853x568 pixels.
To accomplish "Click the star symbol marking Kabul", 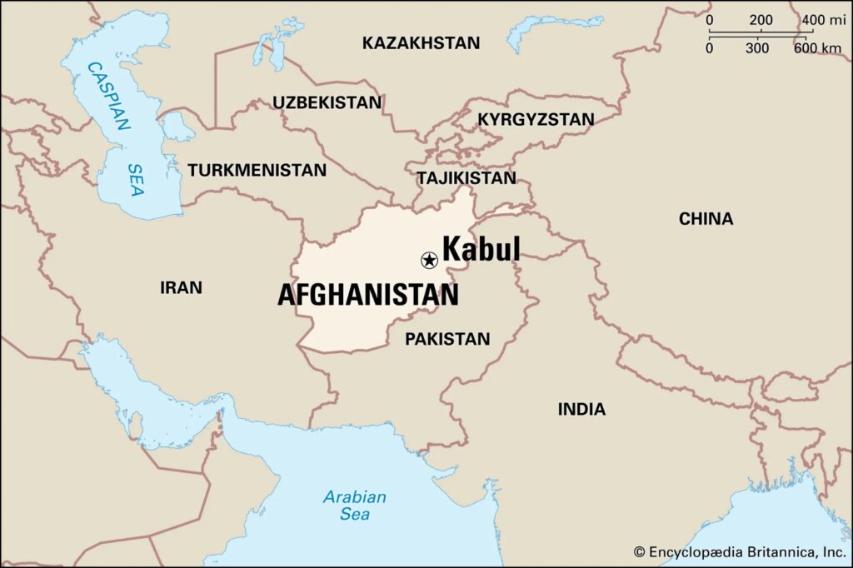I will (429, 261).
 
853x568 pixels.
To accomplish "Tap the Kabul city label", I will (481, 249).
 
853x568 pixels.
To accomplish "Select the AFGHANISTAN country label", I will (367, 295).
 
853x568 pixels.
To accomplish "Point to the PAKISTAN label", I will (447, 339).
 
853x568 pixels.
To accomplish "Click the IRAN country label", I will (181, 288).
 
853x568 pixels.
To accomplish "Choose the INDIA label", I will (581, 409).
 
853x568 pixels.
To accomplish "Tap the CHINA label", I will (706, 219).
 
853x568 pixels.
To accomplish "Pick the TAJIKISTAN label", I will (466, 178).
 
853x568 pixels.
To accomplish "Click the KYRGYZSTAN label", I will (536, 120).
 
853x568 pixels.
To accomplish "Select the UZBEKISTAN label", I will (327, 102).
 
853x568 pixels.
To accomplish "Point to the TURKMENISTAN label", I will (257, 170).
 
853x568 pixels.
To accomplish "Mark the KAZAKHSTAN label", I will (421, 42).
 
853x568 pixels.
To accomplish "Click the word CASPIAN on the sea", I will (110, 96).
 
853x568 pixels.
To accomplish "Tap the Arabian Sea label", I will (355, 505).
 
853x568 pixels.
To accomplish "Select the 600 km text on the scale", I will (816, 48).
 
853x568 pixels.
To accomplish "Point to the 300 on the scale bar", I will (757, 48).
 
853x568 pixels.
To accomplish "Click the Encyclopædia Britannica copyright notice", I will (740, 551).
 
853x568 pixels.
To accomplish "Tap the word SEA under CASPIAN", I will (136, 178).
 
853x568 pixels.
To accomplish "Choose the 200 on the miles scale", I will (761, 20).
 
